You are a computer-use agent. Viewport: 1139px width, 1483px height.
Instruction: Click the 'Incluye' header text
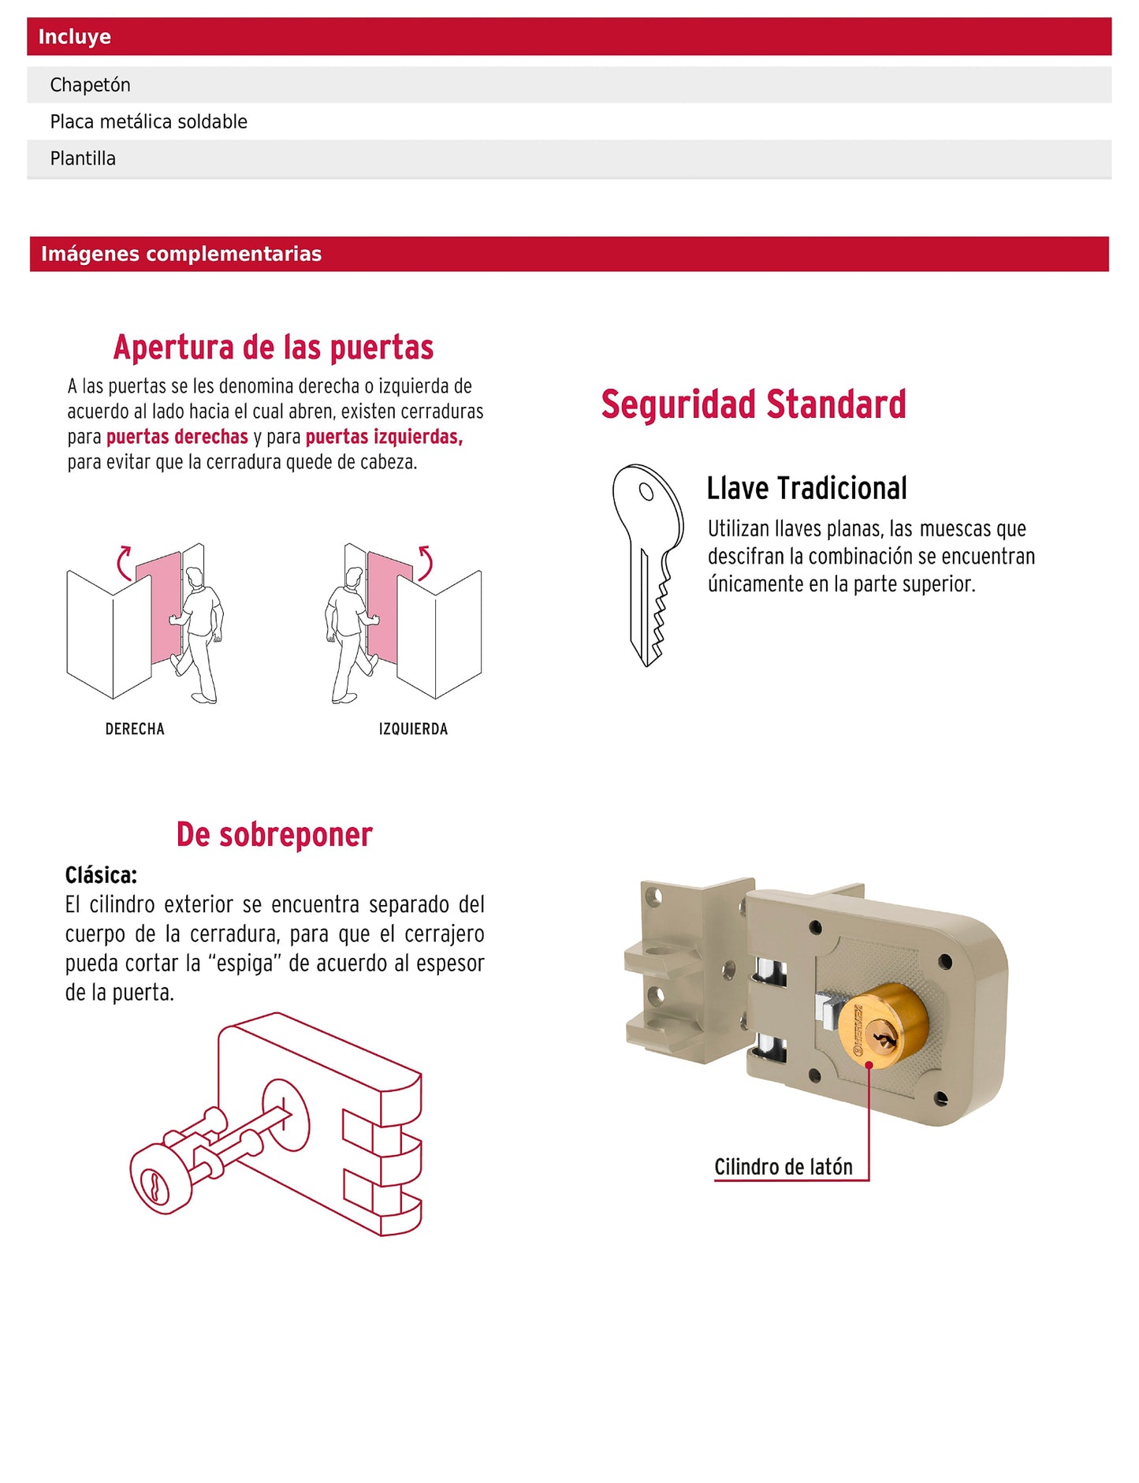pyautogui.click(x=75, y=37)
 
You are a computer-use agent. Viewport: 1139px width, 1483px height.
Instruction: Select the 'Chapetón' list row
pyautogui.click(x=90, y=85)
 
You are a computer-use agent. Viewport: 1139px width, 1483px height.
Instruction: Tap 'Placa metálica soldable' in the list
pyautogui.click(x=148, y=121)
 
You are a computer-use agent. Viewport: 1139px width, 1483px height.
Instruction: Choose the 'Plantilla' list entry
pyautogui.click(x=83, y=158)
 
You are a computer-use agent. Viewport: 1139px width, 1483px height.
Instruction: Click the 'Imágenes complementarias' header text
pyautogui.click(x=181, y=254)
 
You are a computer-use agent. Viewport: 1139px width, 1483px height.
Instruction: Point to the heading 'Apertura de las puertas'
pyautogui.click(x=273, y=348)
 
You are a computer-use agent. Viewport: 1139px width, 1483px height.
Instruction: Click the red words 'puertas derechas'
pyautogui.click(x=177, y=437)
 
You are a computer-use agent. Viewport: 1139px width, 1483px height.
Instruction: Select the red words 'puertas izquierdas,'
pyautogui.click(x=384, y=437)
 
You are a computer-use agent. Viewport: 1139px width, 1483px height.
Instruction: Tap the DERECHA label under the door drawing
pyautogui.click(x=135, y=729)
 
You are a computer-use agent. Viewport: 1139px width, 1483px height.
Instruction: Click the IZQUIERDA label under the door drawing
pyautogui.click(x=413, y=729)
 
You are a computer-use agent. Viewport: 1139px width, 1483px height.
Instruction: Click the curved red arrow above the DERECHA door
pyautogui.click(x=124, y=562)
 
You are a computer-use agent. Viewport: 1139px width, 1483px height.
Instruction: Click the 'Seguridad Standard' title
pyautogui.click(x=753, y=404)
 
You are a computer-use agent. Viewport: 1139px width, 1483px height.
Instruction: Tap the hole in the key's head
pyautogui.click(x=646, y=492)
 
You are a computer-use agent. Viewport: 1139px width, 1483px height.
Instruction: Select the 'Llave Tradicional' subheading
pyautogui.click(x=806, y=489)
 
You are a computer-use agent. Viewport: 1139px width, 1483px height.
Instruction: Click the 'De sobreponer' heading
pyautogui.click(x=274, y=835)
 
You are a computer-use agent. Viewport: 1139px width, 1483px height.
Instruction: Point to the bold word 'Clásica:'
pyautogui.click(x=101, y=876)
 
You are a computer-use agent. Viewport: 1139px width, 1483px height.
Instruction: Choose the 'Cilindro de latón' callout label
pyautogui.click(x=783, y=1167)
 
